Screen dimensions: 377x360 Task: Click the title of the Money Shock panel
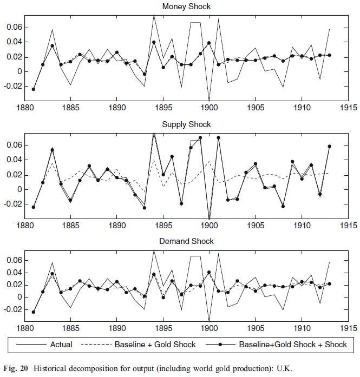click(187, 7)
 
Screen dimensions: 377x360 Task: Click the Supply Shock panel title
click(187, 124)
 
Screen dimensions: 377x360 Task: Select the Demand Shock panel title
click(187, 241)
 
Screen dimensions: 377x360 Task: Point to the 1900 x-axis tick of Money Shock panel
click(210, 107)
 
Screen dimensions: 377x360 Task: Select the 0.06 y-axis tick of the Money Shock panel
click(12, 27)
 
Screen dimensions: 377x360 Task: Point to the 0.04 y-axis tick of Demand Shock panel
click(12, 273)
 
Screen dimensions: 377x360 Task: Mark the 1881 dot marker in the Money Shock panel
click(34, 89)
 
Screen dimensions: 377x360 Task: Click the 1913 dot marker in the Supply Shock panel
click(329, 146)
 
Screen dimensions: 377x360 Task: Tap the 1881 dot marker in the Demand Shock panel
click(34, 312)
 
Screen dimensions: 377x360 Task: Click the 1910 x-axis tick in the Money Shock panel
click(302, 107)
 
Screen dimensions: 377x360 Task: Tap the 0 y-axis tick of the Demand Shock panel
click(18, 297)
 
